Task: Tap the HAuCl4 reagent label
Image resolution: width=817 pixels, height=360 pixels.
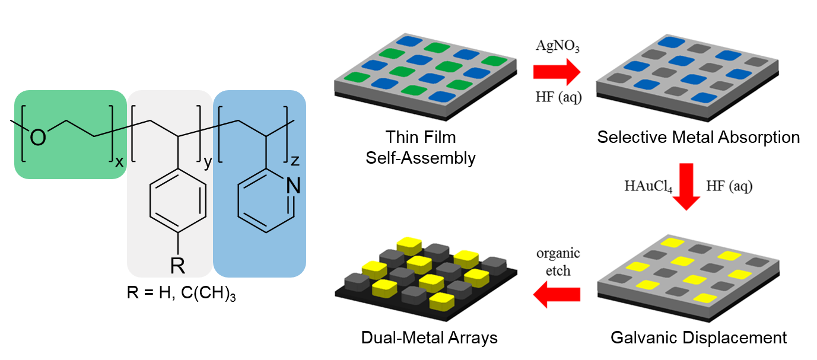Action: tap(648, 187)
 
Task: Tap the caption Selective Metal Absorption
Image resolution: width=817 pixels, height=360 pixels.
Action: tap(698, 138)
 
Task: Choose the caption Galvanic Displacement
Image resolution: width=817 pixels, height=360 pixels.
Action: tap(698, 338)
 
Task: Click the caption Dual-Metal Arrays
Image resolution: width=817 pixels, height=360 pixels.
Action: tap(429, 338)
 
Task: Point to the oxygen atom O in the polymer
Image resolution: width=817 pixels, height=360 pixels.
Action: tap(37, 138)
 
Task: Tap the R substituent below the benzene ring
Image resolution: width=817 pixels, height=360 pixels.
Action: tap(177, 266)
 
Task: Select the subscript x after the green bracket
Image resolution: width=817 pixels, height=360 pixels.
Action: tap(119, 161)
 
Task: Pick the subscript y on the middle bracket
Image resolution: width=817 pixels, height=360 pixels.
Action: tap(207, 163)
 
